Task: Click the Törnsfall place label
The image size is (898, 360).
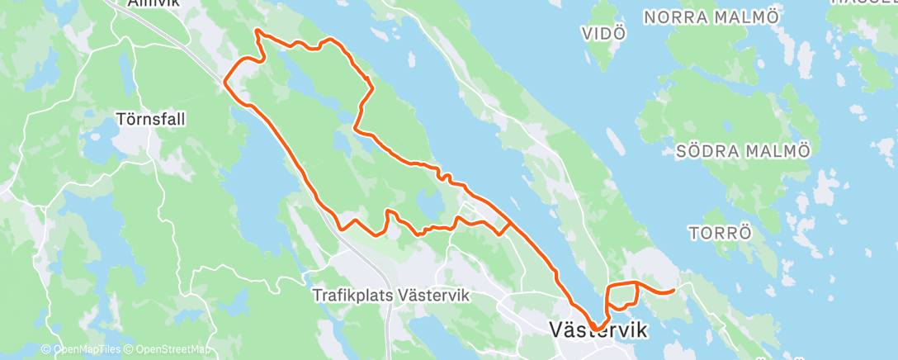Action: coord(150,119)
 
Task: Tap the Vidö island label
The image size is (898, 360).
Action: coord(603,34)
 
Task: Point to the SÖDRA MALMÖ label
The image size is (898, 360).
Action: coord(743,151)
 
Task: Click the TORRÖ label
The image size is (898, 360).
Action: coord(720,232)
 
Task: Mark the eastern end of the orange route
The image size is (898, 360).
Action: coord(675,291)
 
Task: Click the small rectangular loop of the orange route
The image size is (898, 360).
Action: coord(623,295)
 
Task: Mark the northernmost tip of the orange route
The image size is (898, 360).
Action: coord(258,31)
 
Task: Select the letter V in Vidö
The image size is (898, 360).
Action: coord(587,34)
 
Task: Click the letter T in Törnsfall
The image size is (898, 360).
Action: coord(121,119)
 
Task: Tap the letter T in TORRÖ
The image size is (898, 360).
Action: coord(693,232)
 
